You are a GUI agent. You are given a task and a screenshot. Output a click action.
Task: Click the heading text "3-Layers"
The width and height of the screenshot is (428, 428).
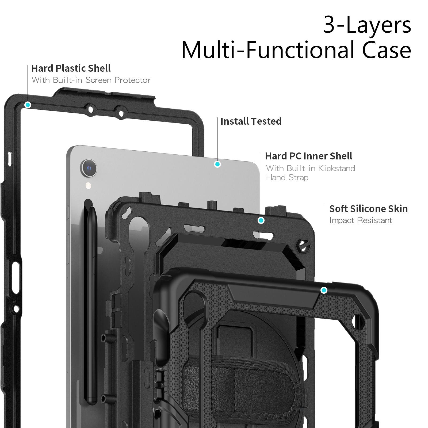tap(367, 25)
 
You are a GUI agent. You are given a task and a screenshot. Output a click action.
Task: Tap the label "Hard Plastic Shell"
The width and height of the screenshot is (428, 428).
tap(71, 68)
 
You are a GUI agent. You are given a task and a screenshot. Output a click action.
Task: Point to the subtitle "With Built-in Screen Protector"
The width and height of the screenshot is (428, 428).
tap(91, 80)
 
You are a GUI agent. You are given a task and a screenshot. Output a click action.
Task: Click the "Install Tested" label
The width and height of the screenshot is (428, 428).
tap(251, 121)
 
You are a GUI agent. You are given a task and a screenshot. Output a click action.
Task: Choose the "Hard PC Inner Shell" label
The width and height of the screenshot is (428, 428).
tap(308, 156)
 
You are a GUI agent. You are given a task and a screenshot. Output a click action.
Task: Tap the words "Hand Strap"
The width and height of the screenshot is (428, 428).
tap(287, 178)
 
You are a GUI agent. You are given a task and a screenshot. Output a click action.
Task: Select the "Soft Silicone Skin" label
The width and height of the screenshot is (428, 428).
tap(368, 209)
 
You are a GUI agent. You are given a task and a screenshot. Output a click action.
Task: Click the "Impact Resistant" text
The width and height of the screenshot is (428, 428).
tap(361, 220)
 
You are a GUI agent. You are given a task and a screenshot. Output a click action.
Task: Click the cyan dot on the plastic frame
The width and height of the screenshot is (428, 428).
tap(28, 105)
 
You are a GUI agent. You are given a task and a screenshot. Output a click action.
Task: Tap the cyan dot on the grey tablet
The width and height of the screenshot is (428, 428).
tap(217, 164)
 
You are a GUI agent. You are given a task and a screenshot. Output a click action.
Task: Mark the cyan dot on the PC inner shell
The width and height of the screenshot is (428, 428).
tap(261, 220)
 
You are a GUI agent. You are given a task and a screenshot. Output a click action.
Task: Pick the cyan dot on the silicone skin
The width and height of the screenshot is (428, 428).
tap(324, 290)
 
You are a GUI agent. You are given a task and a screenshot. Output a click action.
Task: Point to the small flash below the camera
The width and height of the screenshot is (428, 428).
tap(88, 186)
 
